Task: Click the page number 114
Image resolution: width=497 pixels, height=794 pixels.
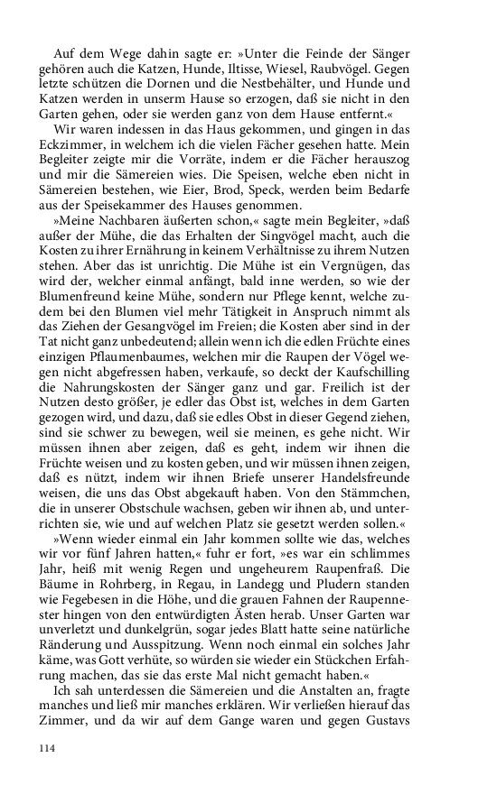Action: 47,747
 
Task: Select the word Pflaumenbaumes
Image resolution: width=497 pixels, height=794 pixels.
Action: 135,360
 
